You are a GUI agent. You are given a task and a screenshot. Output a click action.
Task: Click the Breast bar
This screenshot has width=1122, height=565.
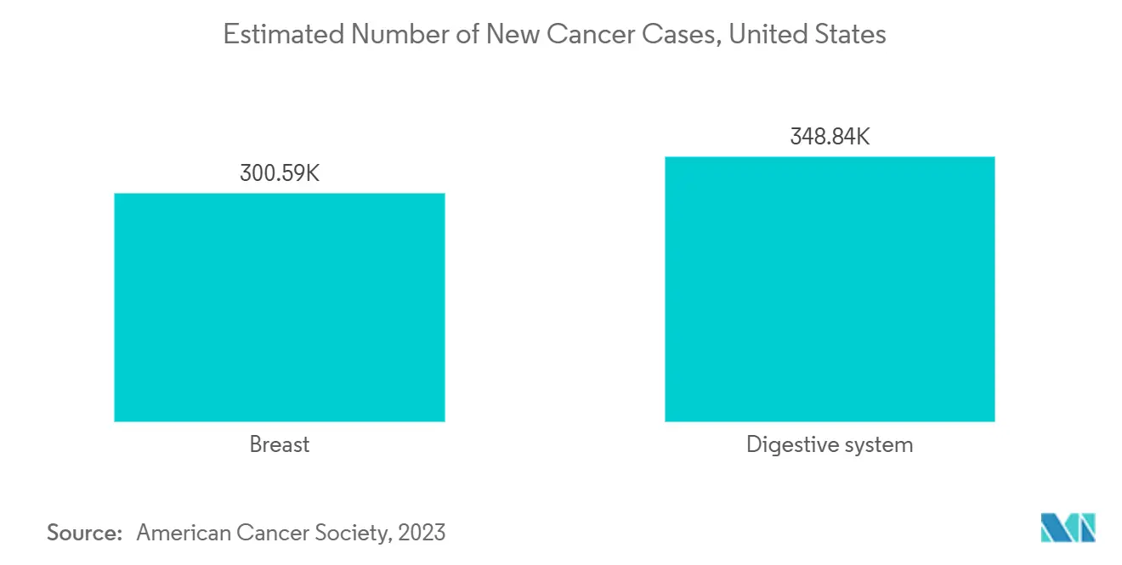point(279,307)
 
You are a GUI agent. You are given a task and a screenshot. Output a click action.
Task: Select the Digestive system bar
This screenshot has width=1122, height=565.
point(829,289)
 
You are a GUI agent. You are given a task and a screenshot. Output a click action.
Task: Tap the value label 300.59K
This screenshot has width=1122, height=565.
point(280,174)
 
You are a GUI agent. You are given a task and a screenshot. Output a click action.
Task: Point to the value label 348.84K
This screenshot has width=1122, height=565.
point(830,137)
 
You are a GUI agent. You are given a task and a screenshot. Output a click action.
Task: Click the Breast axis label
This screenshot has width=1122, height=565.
point(279,444)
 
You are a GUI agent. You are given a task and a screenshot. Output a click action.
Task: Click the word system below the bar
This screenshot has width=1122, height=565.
point(875,444)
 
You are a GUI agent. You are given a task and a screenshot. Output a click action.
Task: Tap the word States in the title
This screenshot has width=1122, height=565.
point(850,34)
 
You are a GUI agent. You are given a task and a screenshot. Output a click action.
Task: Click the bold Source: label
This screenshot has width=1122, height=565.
point(85,533)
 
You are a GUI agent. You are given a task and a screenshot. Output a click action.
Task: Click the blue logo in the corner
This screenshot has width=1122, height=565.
point(1068,528)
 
